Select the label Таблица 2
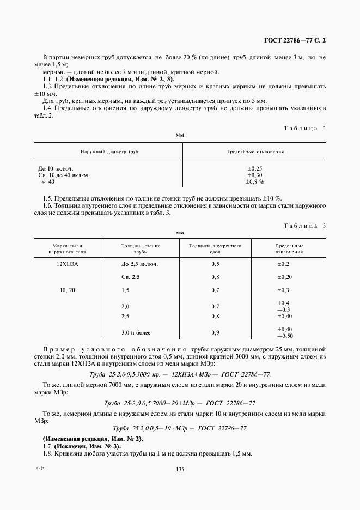[x=305, y=128]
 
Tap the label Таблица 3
[x=305, y=226]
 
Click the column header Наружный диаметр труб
[x=108, y=153]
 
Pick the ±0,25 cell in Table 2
[x=255, y=169]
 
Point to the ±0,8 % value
[x=255, y=182]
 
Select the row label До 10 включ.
[x=56, y=169]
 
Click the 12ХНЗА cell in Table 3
[x=68, y=264]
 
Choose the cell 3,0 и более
[x=136, y=332]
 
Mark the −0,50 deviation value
[x=285, y=336]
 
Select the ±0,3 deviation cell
[x=283, y=290]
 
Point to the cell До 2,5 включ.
[x=140, y=264]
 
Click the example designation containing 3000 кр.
[x=180, y=374]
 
